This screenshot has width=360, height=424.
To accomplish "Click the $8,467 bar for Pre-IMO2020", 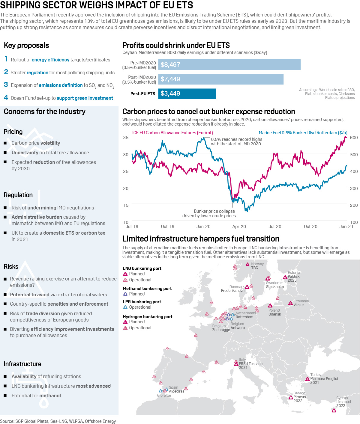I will click(x=229, y=65).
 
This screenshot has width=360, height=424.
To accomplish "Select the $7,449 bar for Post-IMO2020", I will click(x=221, y=79).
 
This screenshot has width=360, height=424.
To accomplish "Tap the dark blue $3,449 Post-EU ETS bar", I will click(x=187, y=93).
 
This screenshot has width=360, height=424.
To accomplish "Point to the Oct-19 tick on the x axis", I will click(x=167, y=227).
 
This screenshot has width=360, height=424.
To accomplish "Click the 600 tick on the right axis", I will click(x=354, y=138).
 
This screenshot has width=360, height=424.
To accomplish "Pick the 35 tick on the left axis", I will click(x=126, y=138).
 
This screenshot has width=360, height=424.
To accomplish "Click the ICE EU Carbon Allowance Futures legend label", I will click(x=172, y=133).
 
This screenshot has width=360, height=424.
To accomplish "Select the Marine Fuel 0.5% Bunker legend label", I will click(x=303, y=133).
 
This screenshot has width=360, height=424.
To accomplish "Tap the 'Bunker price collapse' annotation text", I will click(x=214, y=211).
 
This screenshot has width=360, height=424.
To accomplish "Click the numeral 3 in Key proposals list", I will click(x=6, y=85).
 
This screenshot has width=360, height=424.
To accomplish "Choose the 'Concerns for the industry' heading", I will click(x=45, y=112).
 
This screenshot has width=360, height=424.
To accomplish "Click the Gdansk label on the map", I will click(x=275, y=314).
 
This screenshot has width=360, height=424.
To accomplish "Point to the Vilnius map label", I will click(x=299, y=305).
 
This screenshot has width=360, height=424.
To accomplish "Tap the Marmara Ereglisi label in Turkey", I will click(x=324, y=379).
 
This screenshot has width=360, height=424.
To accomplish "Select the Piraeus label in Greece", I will click(x=300, y=397).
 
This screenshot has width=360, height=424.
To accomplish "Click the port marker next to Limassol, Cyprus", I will click(x=334, y=411).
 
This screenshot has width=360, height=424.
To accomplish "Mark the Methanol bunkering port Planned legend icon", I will click(x=125, y=294).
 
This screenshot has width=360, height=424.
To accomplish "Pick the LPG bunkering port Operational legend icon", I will click(x=125, y=307).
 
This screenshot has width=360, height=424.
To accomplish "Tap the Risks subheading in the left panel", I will click(x=11, y=267).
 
